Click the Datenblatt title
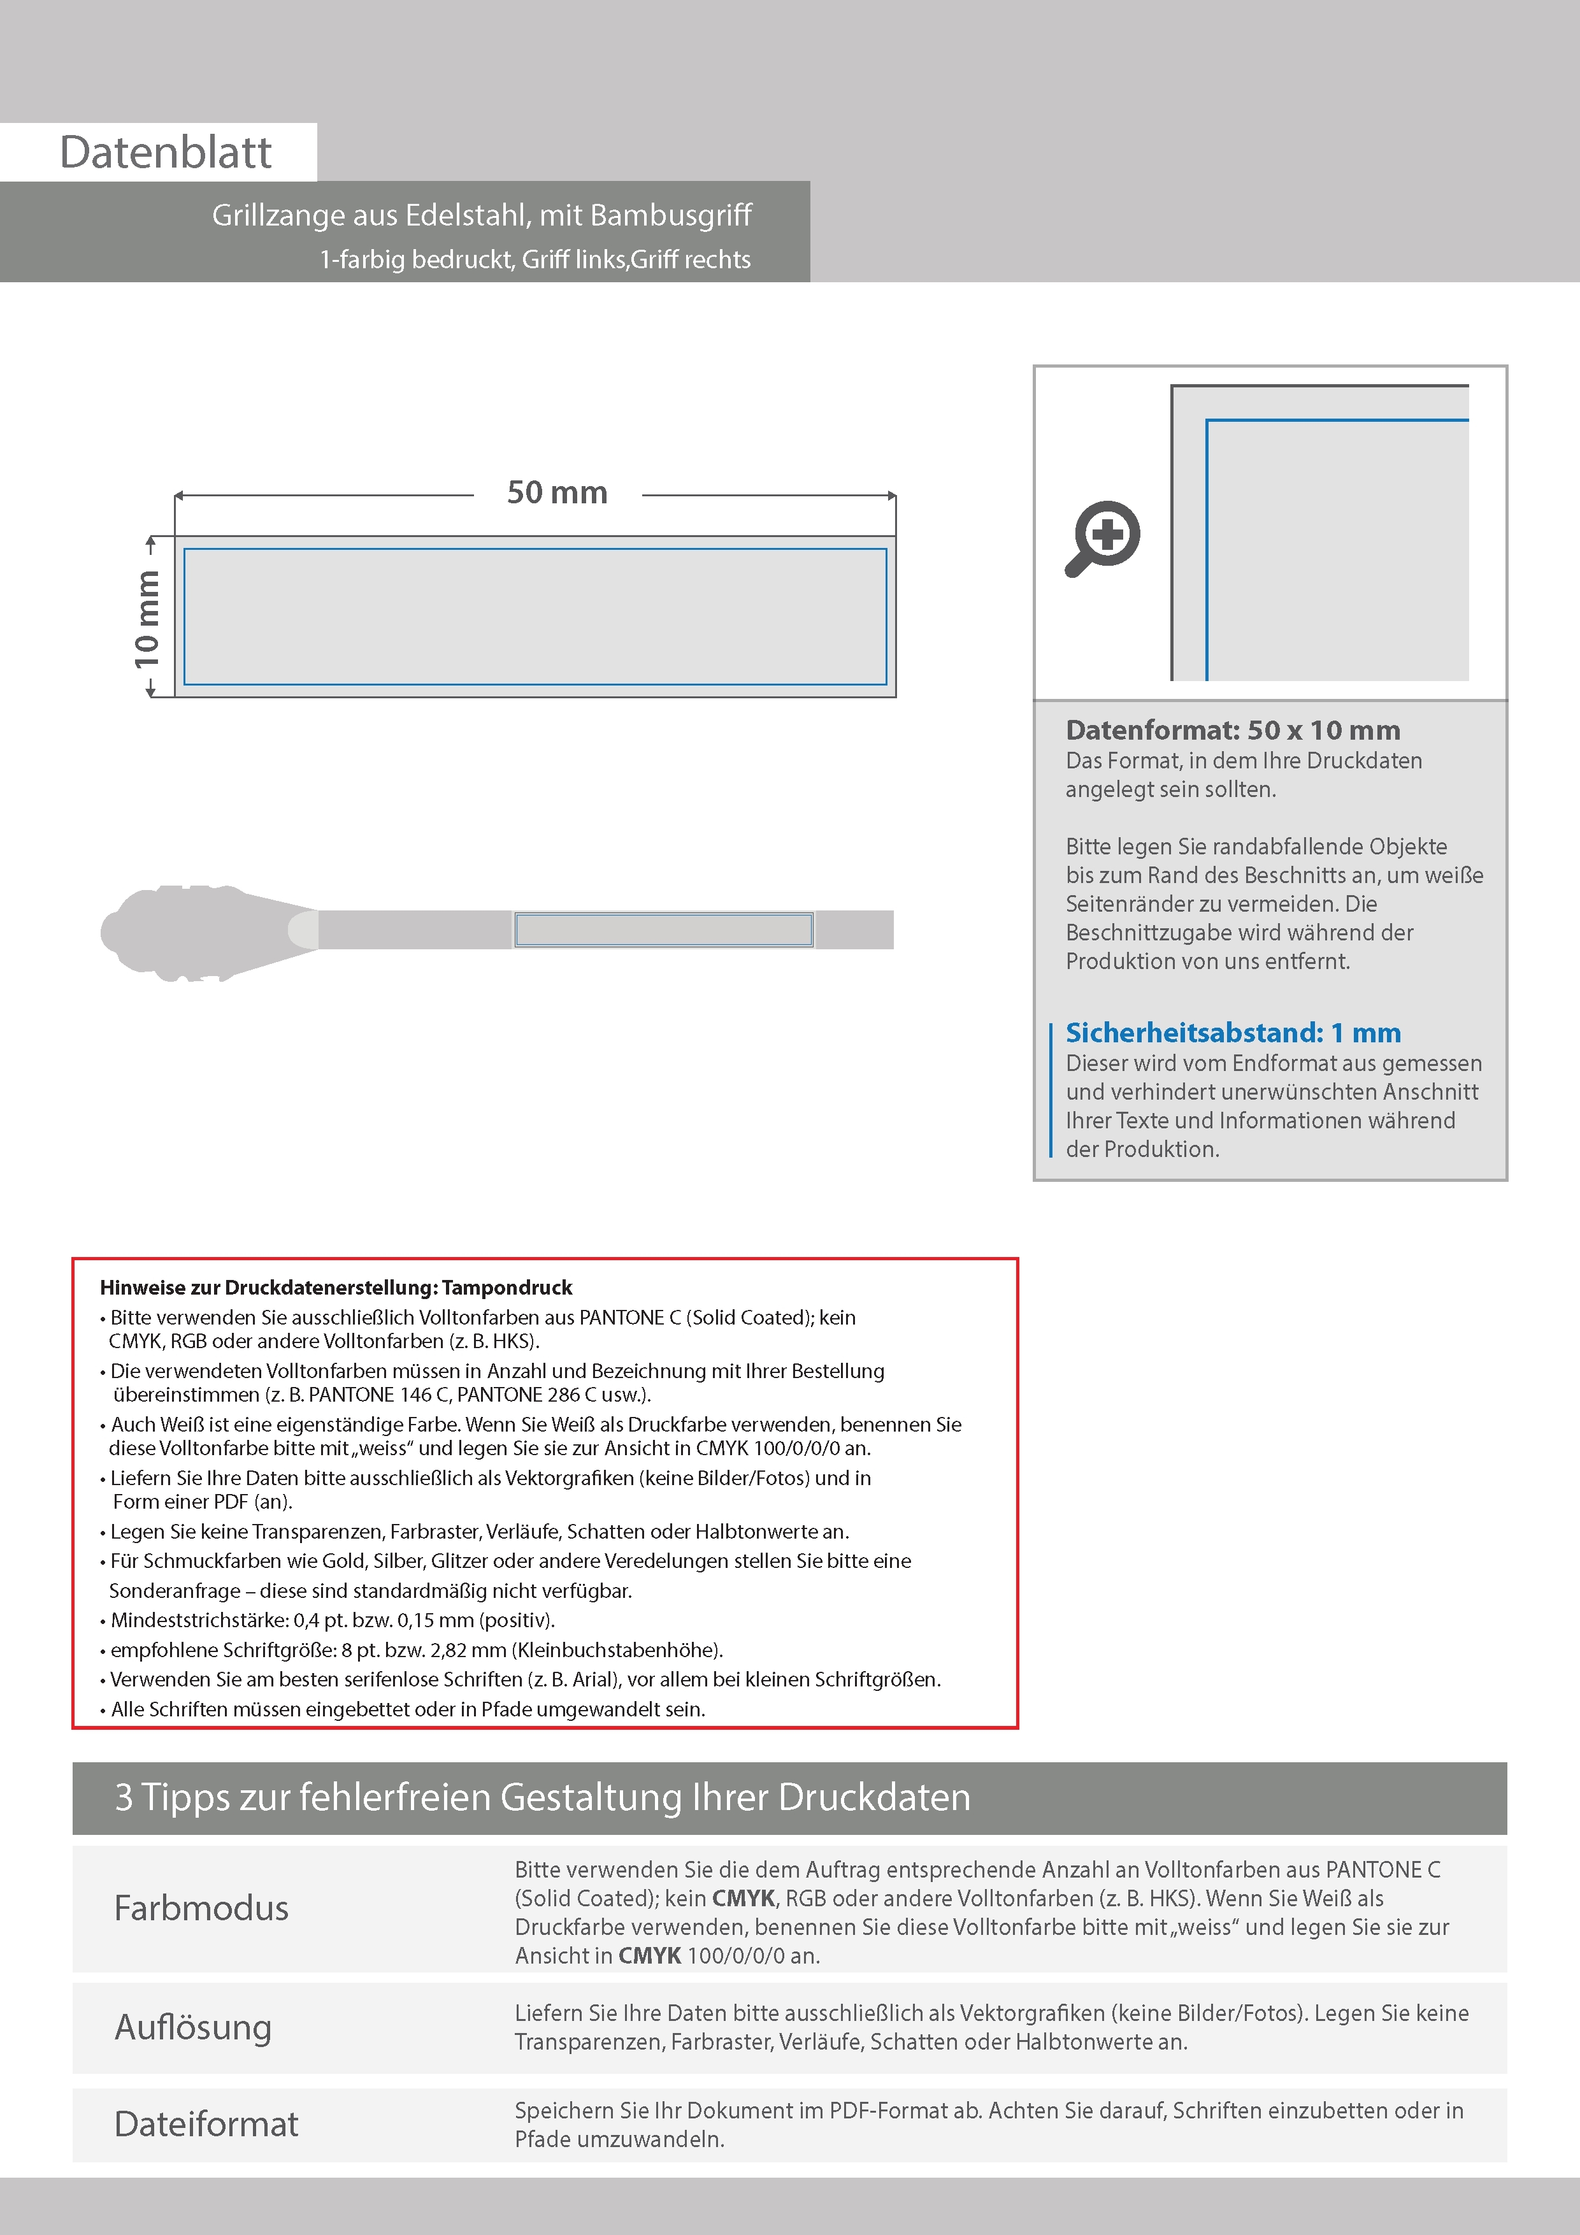[166, 153]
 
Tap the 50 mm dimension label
[557, 492]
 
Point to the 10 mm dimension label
[147, 619]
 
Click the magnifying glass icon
[1103, 538]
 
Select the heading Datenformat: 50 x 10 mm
[1232, 730]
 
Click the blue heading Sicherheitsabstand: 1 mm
[1232, 1033]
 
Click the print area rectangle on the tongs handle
[664, 930]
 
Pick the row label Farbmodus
[201, 1908]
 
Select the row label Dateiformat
[206, 2124]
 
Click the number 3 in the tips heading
[124, 1797]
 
